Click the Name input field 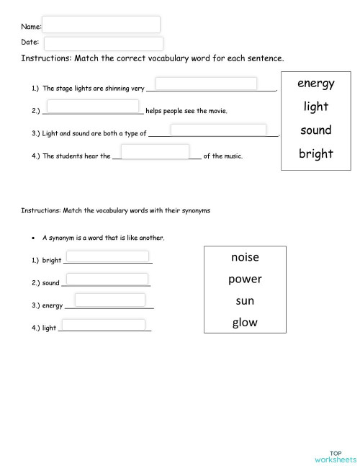(101, 24)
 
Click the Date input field (104, 43)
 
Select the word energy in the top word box (315, 84)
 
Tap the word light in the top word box (315, 107)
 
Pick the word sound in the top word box (315, 130)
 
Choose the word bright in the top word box (315, 153)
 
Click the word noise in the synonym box (245, 257)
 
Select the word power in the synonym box (245, 279)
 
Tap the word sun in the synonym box (245, 300)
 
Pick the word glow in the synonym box (245, 323)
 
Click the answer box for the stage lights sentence (206, 84)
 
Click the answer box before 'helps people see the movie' (93, 107)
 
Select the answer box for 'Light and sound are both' (218, 130)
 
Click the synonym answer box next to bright (107, 256)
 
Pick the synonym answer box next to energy (109, 300)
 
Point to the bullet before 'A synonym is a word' (34, 238)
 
